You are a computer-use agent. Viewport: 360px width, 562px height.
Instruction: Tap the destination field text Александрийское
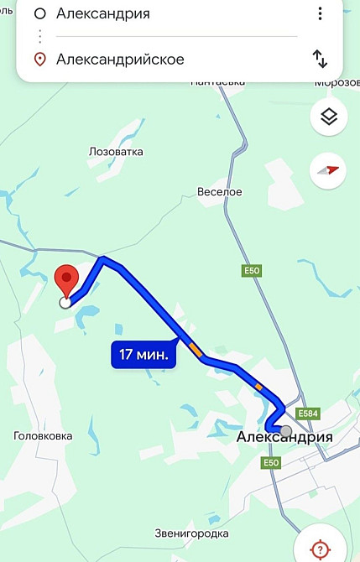pos(119,60)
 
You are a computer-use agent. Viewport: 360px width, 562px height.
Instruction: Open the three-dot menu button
pos(320,14)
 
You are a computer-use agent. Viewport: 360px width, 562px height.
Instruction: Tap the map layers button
pos(329,117)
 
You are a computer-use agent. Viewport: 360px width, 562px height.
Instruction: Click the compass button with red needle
pos(328,170)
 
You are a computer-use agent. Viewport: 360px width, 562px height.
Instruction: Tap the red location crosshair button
pos(320,549)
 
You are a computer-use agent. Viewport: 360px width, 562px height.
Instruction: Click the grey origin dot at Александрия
pos(286,431)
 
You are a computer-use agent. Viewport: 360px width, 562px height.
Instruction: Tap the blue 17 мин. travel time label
pos(143,355)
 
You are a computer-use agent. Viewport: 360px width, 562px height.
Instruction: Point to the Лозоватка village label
pos(116,152)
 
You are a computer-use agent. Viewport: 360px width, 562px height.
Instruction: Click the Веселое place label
pos(219,192)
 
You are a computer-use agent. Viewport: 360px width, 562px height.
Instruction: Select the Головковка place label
pos(43,436)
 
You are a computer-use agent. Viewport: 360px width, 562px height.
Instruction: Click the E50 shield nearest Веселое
pos(251,271)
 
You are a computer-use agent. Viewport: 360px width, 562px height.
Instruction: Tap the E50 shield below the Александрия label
pos(270,463)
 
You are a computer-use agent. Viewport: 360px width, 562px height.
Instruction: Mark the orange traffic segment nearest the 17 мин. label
pos(195,348)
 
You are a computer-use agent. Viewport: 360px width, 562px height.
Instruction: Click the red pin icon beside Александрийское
pos(39,60)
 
